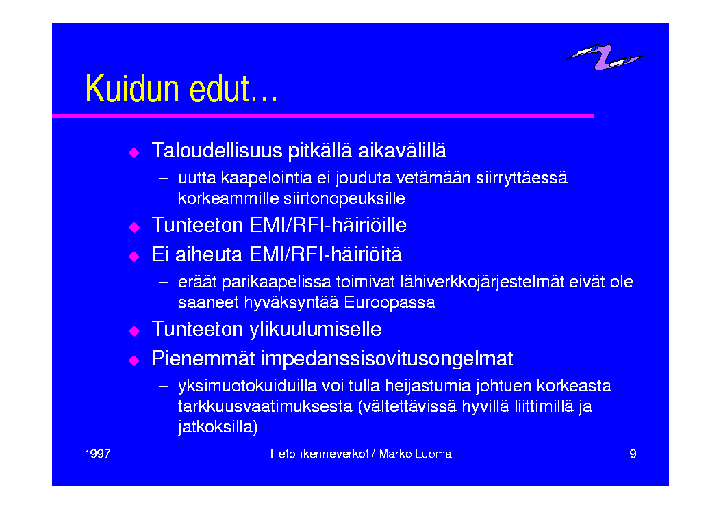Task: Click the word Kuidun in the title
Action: click(132, 88)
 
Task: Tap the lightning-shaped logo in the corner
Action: click(604, 57)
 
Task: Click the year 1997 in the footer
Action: click(98, 454)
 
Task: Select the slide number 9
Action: click(633, 454)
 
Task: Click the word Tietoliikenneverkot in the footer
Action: click(318, 454)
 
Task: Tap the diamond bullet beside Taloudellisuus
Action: click(134, 152)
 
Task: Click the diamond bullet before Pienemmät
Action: click(134, 360)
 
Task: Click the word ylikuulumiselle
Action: click(315, 330)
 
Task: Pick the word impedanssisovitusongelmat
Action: click(387, 359)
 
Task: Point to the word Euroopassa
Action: click(390, 303)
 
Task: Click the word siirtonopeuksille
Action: click(344, 198)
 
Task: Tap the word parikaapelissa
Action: click(277, 282)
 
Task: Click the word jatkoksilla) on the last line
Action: click(218, 427)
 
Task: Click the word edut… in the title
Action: click(233, 88)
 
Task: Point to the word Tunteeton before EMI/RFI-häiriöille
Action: click(198, 226)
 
